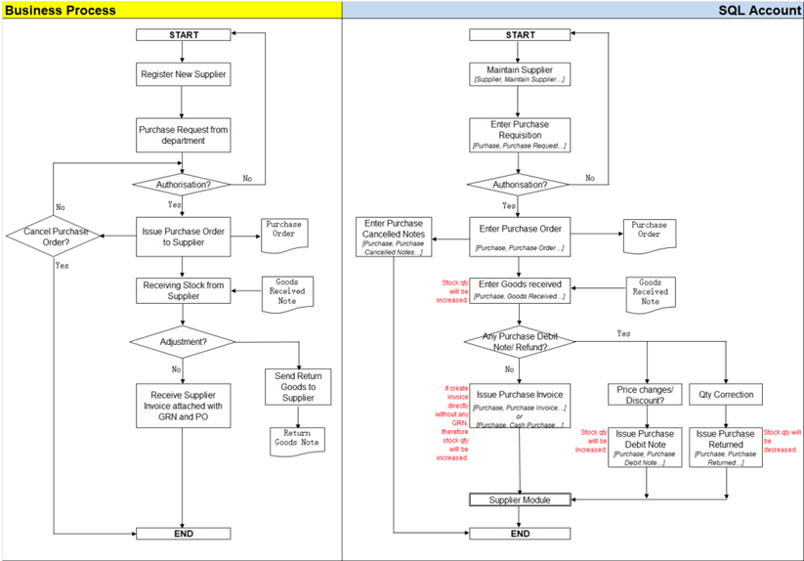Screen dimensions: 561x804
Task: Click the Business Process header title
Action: [x=61, y=10]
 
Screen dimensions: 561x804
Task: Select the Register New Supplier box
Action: [x=184, y=73]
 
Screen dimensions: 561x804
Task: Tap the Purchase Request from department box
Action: [x=184, y=135]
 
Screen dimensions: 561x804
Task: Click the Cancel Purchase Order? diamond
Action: [x=56, y=237]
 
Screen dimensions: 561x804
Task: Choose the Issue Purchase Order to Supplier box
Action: [x=184, y=237]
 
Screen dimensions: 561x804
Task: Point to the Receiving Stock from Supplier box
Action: [x=184, y=290]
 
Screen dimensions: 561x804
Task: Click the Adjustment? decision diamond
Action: [x=184, y=343]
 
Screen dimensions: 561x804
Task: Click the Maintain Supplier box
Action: [x=520, y=73]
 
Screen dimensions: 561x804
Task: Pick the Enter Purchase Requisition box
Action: [x=520, y=135]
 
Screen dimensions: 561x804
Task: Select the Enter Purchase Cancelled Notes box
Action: [x=394, y=237]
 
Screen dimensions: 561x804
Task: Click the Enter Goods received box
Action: [x=520, y=289]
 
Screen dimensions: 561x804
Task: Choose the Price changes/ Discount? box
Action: [x=646, y=395]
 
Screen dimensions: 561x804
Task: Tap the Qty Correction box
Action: [x=726, y=395]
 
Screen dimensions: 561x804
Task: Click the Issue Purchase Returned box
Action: [x=726, y=447]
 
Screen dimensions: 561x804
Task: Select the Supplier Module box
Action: [x=520, y=499]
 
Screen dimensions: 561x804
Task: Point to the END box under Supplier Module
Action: [x=520, y=534]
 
